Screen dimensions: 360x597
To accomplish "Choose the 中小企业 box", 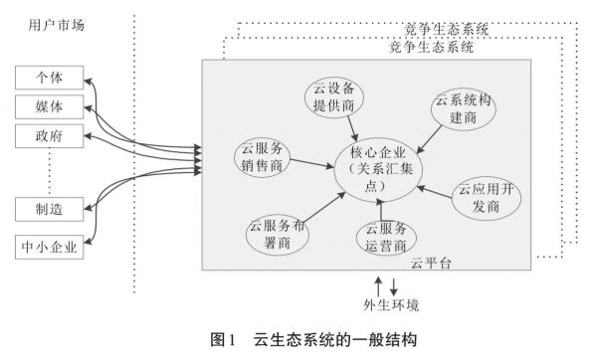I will click(50, 245).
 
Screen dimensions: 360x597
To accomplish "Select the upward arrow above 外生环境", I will click(376, 284).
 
